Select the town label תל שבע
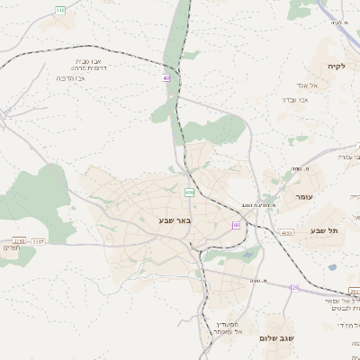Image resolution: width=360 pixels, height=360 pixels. click(323, 231)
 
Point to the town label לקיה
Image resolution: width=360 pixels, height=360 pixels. click(336, 66)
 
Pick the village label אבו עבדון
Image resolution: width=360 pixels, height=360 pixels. click(295, 100)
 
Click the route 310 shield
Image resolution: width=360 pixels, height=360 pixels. click(60, 10)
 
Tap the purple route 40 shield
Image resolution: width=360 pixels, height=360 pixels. click(166, 78)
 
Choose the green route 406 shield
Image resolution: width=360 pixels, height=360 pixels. click(189, 193)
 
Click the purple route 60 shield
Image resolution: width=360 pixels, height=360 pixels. click(236, 225)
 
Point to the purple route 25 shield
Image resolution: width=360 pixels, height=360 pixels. click(294, 288)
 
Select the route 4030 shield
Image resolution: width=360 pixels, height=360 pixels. click(286, 233)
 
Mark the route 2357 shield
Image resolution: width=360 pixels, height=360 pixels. click(39, 241)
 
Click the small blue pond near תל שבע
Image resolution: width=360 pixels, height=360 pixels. click(332, 267)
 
